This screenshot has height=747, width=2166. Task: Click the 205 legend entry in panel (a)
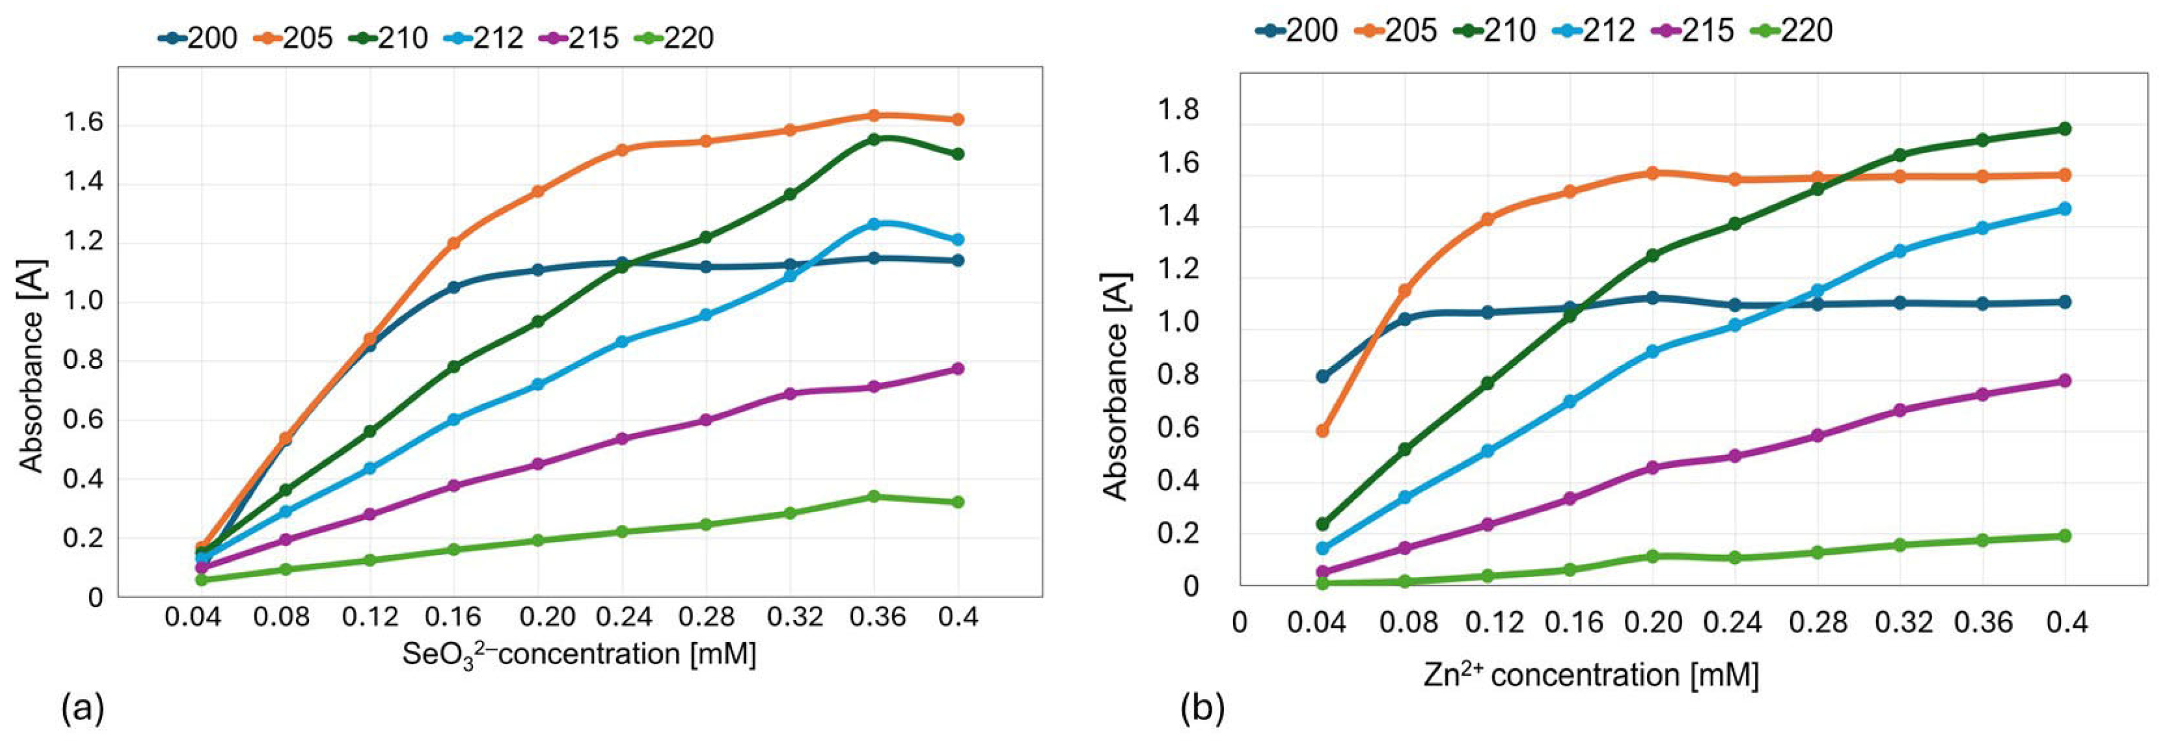[x=293, y=38]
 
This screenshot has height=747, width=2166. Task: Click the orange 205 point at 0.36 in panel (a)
[x=874, y=115]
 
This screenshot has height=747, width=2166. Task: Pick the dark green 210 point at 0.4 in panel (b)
[x=2064, y=129]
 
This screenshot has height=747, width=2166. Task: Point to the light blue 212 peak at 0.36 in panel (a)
[x=874, y=224]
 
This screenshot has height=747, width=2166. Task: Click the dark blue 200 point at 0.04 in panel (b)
[x=1323, y=376]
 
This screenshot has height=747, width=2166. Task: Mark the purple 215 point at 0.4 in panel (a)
[x=957, y=369]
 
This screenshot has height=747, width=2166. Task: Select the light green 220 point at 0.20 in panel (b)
[x=1652, y=556]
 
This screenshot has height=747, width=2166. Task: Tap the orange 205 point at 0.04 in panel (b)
[x=1323, y=431]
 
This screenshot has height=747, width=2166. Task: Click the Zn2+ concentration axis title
[x=1591, y=675]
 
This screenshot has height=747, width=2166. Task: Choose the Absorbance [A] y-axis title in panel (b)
[x=1115, y=386]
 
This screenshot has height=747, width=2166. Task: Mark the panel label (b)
[x=1203, y=710]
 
